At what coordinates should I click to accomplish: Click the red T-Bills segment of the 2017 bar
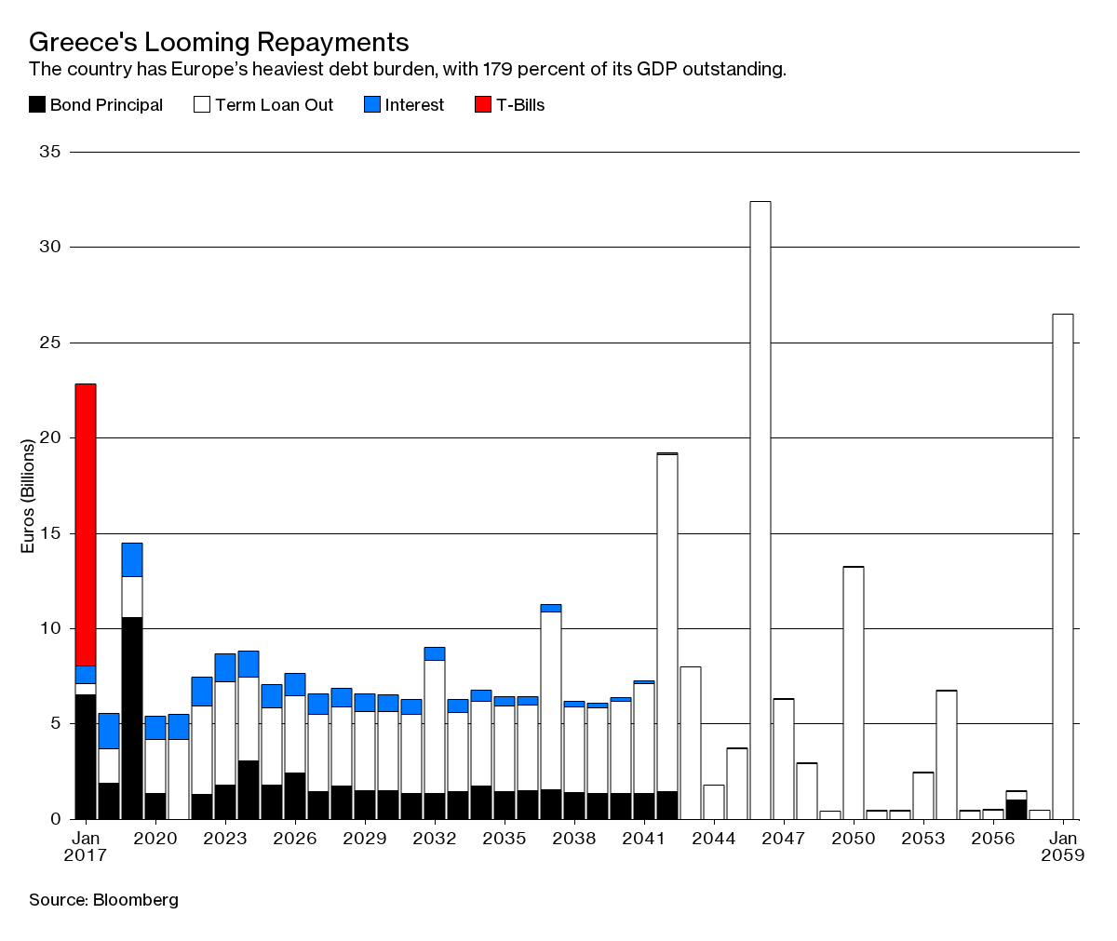click(x=86, y=524)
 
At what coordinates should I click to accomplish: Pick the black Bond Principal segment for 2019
click(x=132, y=718)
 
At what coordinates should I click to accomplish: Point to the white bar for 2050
click(x=854, y=692)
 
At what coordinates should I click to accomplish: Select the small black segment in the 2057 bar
click(x=1016, y=809)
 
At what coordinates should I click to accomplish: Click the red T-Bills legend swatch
click(x=483, y=105)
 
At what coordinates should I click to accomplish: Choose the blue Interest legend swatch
click(x=372, y=105)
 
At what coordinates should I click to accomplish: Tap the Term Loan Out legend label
click(x=274, y=105)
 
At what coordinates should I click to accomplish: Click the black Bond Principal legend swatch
click(x=37, y=105)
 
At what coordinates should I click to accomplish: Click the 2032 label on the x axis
click(x=435, y=838)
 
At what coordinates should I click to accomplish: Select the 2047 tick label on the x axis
click(x=784, y=838)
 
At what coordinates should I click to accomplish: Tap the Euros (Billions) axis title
click(x=28, y=496)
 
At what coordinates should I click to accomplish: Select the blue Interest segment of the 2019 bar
click(x=132, y=559)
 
